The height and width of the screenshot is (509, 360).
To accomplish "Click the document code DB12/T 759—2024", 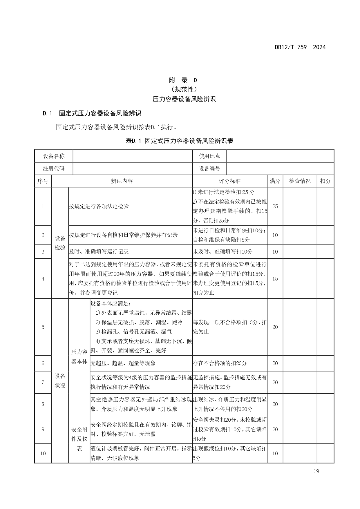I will click(300, 47).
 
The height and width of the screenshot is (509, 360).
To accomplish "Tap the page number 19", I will click(316, 471).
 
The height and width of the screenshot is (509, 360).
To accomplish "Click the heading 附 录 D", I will click(183, 80).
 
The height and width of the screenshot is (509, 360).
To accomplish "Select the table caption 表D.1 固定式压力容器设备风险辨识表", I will click(180, 141).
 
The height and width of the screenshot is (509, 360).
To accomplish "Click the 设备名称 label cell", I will click(54, 156).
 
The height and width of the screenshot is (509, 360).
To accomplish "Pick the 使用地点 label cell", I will click(209, 156).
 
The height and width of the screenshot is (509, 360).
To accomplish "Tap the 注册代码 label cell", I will click(54, 169).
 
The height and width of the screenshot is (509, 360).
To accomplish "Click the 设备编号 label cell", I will click(209, 169).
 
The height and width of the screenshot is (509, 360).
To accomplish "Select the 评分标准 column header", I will click(229, 181).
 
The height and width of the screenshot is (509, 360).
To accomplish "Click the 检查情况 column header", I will click(300, 181).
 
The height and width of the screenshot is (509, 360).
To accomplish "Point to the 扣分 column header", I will click(325, 181).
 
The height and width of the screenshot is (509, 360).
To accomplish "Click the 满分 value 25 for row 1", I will click(275, 206).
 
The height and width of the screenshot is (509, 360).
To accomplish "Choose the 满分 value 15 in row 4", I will click(275, 278).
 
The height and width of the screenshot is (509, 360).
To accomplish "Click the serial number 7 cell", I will click(43, 382).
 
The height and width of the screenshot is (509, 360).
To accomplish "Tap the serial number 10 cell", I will click(43, 453).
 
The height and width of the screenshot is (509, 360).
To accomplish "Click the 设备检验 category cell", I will click(60, 243).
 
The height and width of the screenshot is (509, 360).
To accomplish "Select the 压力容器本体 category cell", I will click(79, 357).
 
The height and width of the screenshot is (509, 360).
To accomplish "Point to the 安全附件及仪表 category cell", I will click(79, 439).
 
